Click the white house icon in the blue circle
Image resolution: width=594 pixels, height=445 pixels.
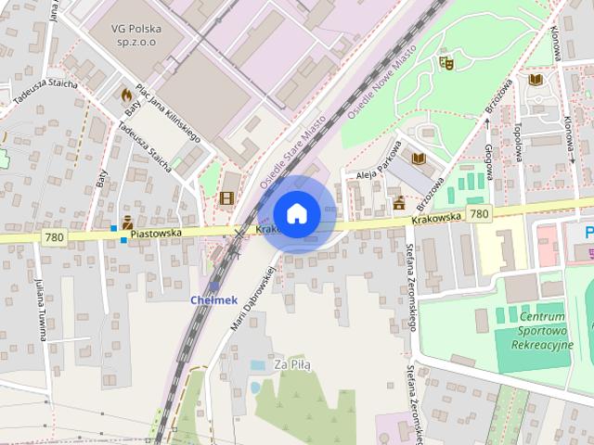[x=296, y=213]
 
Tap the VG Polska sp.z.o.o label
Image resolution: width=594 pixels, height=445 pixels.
[x=136, y=35]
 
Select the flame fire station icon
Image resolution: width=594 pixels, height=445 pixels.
[x=126, y=95]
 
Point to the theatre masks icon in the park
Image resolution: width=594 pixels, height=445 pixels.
[x=445, y=64]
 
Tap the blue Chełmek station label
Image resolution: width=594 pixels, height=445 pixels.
[x=214, y=299]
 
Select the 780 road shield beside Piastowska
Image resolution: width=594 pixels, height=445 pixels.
[x=54, y=238]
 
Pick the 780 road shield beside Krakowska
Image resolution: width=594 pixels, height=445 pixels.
[x=479, y=214]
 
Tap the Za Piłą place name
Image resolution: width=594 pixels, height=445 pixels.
[x=292, y=364]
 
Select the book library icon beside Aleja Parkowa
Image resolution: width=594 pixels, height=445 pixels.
[x=418, y=159]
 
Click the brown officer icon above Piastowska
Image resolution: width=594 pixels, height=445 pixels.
[x=127, y=222]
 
